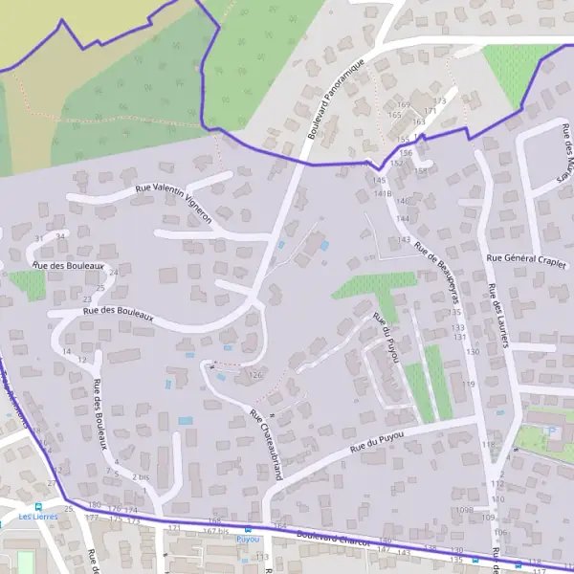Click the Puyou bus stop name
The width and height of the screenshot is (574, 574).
tap(248, 539)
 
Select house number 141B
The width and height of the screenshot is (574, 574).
tap(384, 193)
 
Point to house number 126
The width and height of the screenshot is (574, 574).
tap(254, 375)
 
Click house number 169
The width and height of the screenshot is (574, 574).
tap(403, 105)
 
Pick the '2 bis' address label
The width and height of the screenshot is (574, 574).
tap(142, 475)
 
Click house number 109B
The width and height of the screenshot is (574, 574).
tap(465, 510)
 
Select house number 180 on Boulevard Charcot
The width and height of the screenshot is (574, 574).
tap(93, 504)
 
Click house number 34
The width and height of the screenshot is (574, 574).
tap(61, 235)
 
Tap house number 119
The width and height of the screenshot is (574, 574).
tap(468, 384)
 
